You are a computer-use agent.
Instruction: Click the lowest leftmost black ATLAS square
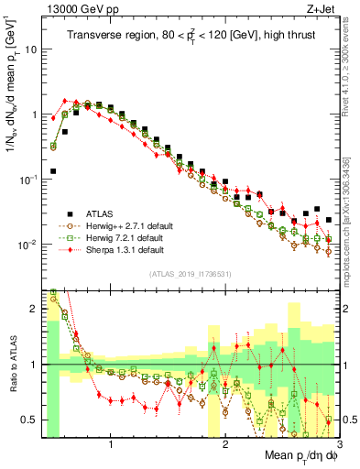(x=53, y=170)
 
